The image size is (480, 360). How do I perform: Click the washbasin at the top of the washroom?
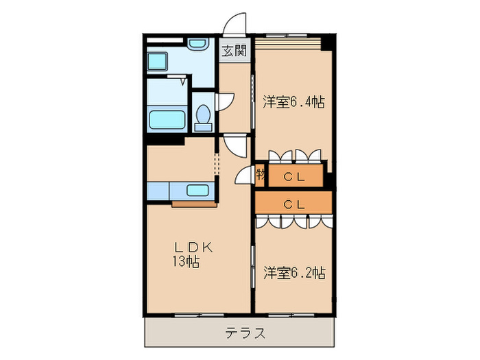pos(199,45)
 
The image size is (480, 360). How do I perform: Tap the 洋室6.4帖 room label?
pos(293,103)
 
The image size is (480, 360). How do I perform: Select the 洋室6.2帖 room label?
pos(293,273)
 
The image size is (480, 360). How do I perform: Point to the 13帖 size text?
pos(185,261)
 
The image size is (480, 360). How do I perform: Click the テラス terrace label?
pos(245,334)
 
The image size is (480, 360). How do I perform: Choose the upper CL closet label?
pos(294,177)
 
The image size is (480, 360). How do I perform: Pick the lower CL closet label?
pos(294,204)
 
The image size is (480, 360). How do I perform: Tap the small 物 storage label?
pos(261,174)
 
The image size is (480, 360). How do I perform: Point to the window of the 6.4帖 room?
pos(288,34)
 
